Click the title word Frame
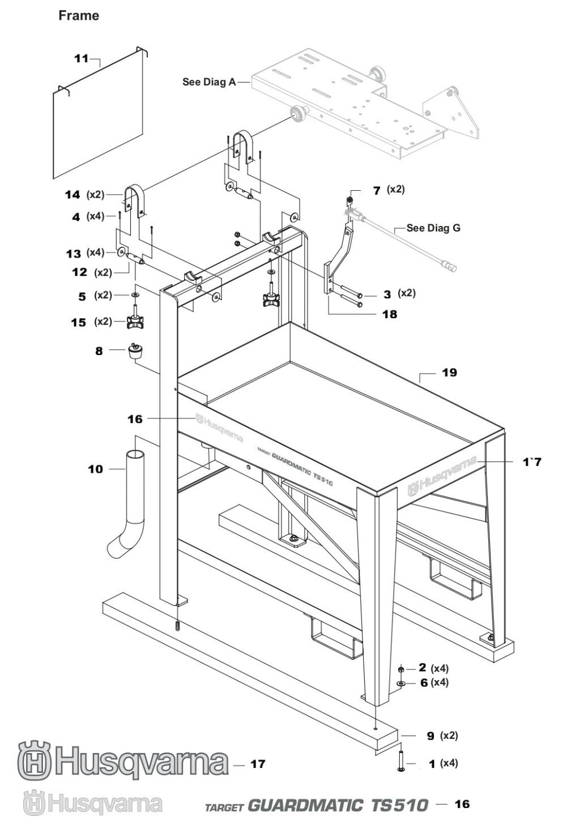pos(79,16)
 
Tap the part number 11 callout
pos(82,58)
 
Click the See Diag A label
pos(209,82)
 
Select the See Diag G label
pos(433,228)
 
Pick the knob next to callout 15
pos(136,322)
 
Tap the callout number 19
pos(450,373)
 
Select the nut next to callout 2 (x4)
pos(401,670)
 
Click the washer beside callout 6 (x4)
pos(401,684)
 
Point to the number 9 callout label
pos(430,736)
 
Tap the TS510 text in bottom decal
pos(399,805)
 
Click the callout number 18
pos(390,314)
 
